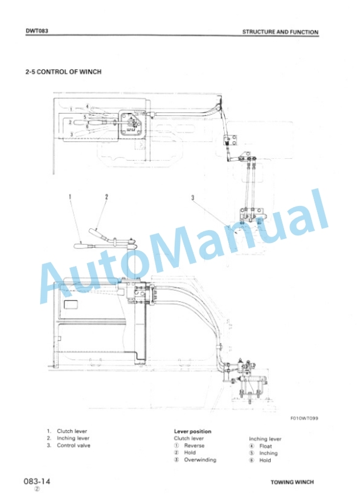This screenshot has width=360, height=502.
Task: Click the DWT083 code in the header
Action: pyautogui.click(x=37, y=31)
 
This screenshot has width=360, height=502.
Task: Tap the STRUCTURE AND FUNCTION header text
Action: pyautogui.click(x=281, y=32)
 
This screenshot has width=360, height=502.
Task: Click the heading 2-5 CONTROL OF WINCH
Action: pyautogui.click(x=64, y=72)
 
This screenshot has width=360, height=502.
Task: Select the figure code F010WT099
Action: pyautogui.click(x=304, y=418)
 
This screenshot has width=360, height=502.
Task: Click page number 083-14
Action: pyautogui.click(x=37, y=481)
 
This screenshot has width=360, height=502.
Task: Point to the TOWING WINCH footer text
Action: pyautogui.click(x=292, y=482)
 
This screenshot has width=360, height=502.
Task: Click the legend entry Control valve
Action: pyautogui.click(x=74, y=446)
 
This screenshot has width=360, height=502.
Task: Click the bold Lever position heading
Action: pyautogui.click(x=192, y=431)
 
